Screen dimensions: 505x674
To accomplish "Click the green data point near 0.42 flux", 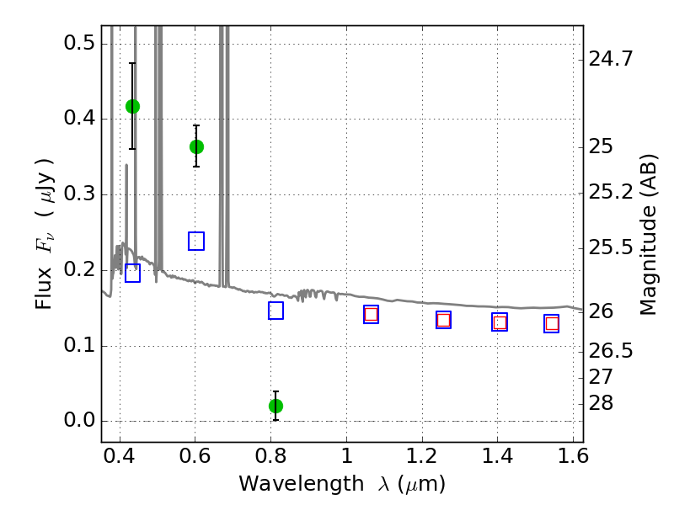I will coord(132,106).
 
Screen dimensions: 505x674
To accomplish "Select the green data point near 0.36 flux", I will coord(196,146).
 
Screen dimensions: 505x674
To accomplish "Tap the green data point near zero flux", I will coord(275,406).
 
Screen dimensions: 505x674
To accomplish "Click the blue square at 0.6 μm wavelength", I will coord(196,242).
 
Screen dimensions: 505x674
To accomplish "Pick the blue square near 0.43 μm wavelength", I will coord(132,273).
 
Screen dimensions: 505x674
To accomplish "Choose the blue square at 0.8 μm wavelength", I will coord(275,311).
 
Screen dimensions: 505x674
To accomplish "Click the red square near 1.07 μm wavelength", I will coord(371,314).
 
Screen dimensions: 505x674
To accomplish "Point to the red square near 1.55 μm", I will coord(552,323).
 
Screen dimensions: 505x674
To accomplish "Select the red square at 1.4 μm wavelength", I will coord(500,322).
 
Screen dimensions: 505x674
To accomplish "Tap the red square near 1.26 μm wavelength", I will coord(443,320).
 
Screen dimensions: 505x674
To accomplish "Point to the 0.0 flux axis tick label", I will coord(78,422).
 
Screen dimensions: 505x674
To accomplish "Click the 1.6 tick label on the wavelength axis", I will coord(573,461).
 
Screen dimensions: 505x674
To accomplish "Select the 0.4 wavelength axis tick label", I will coord(120,461).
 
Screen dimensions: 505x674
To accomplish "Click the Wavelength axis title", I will coord(341,484).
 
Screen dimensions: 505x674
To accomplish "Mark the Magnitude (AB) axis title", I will coord(649,234).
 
